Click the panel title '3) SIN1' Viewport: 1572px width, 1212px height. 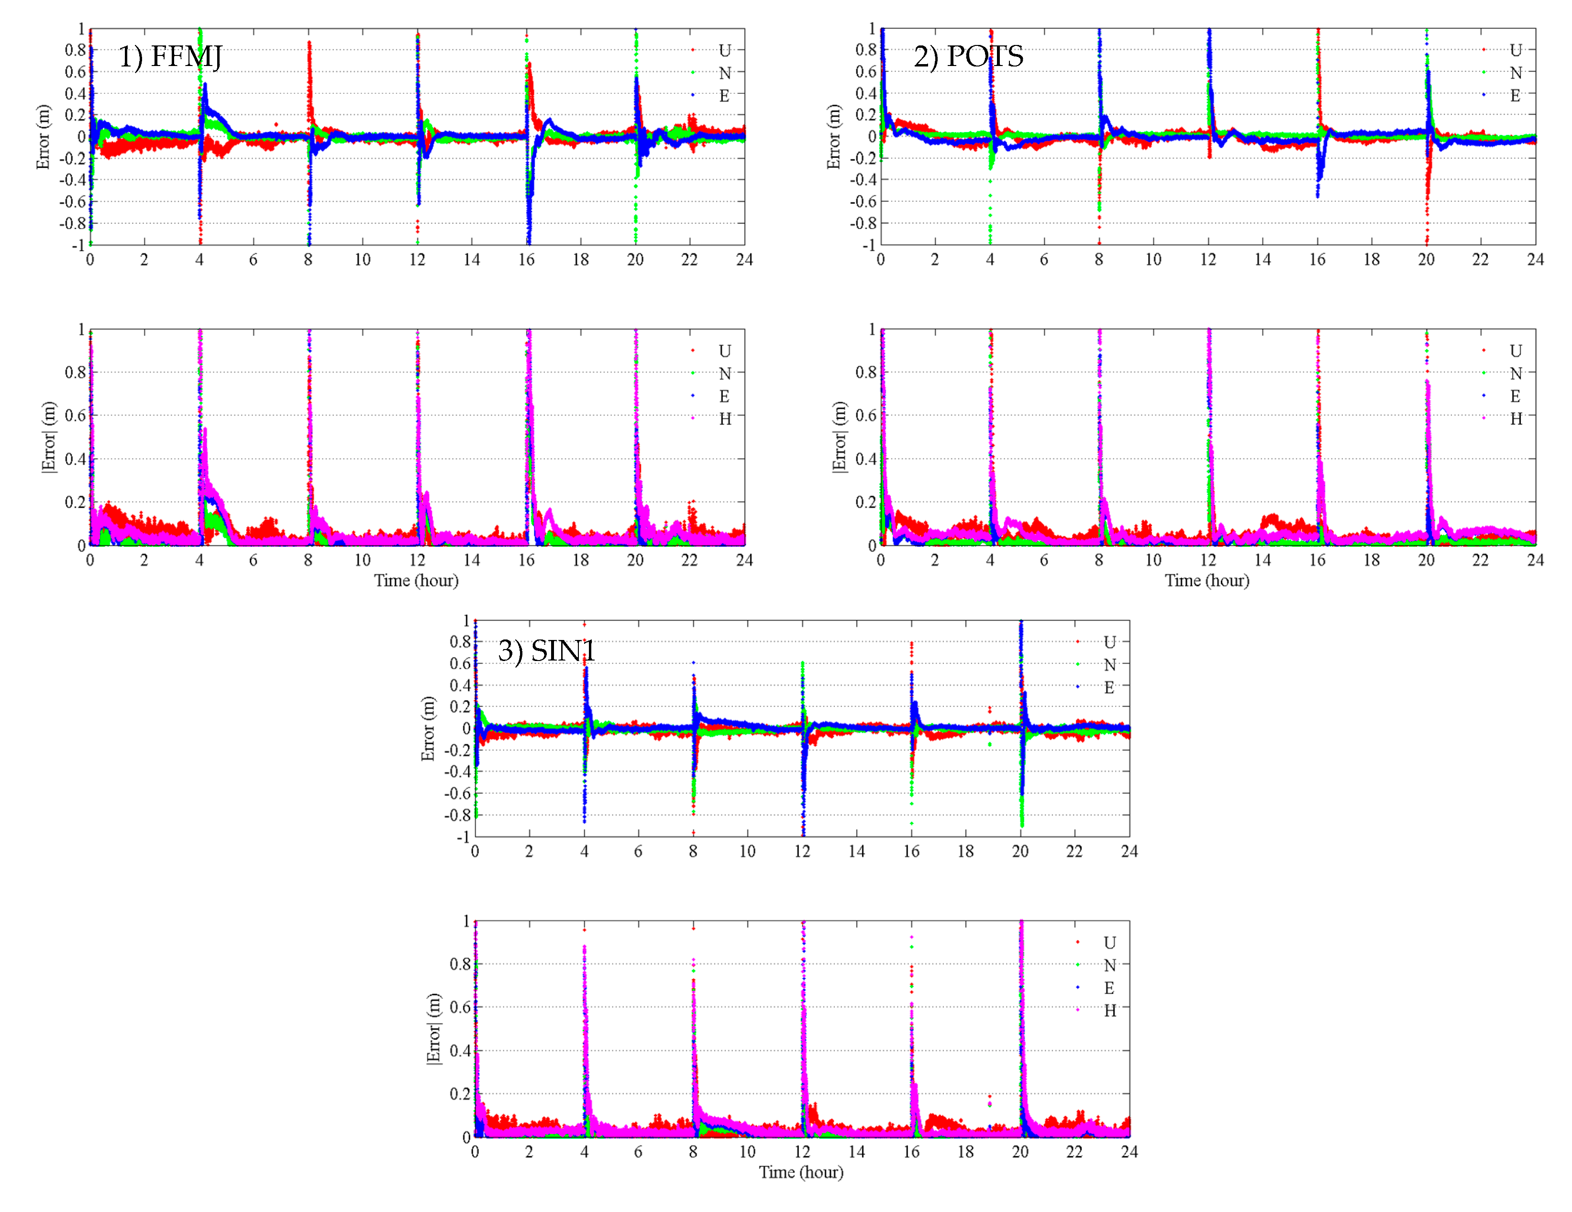(x=546, y=651)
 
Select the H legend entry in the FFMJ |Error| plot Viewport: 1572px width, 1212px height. (x=725, y=419)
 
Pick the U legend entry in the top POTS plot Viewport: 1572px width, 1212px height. (x=1515, y=50)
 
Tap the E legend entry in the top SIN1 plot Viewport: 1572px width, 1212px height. (x=1109, y=687)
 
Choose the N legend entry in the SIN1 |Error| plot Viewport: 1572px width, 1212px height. (x=1109, y=965)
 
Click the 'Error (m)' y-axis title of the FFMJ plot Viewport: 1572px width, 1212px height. (x=43, y=137)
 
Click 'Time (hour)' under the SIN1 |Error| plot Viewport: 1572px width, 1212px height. (x=801, y=1172)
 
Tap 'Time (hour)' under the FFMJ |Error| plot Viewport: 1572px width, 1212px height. (x=416, y=581)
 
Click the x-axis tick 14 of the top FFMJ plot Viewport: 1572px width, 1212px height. (x=471, y=260)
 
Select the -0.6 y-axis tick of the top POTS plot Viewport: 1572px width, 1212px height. (x=863, y=201)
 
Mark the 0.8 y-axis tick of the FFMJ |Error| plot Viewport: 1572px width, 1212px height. (x=75, y=373)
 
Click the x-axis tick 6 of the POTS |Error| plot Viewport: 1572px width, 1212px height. (x=1044, y=560)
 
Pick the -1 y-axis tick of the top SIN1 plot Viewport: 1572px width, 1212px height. (x=462, y=837)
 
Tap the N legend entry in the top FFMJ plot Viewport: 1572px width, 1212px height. (x=725, y=73)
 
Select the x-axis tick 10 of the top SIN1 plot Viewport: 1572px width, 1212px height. (x=747, y=851)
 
